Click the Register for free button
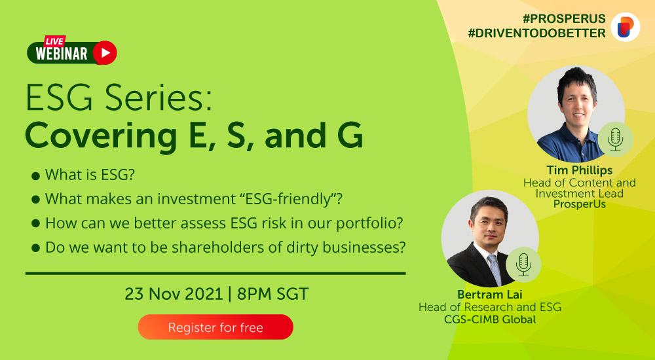click(215, 327)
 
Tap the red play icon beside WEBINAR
click(105, 52)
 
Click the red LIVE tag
click(55, 41)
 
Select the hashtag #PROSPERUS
click(564, 18)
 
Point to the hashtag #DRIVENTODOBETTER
click(537, 33)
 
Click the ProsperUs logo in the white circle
click(626, 27)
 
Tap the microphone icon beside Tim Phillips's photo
click(615, 139)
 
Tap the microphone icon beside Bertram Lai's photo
click(523, 264)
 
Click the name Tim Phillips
click(580, 170)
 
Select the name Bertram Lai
click(489, 295)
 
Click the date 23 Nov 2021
click(174, 294)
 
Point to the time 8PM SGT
click(272, 294)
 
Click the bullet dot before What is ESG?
click(35, 175)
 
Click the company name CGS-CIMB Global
click(490, 319)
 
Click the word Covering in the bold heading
click(101, 135)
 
